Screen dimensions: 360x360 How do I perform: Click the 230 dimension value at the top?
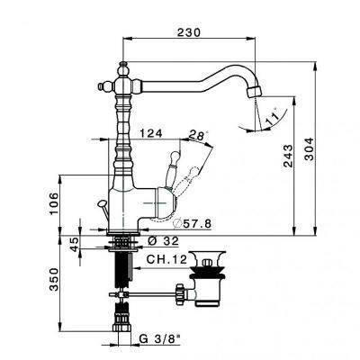pos(188,32)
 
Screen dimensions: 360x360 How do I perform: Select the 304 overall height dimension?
pos(309,149)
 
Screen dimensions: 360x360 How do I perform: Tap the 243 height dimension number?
pos(287,156)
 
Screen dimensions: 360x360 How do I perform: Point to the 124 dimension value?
pos(151,133)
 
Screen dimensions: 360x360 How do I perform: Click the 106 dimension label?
pos(54,204)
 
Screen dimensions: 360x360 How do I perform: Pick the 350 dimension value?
pos(54,280)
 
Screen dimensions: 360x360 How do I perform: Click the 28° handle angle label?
pos(198,135)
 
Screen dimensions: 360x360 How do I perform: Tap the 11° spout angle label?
pos(272,119)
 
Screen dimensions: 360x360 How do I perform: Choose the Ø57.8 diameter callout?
pos(193,223)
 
